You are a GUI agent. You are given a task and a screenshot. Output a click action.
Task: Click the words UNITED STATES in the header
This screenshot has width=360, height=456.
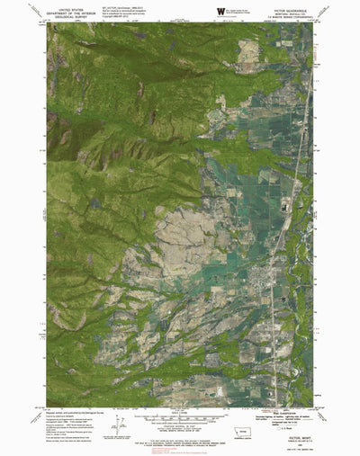pyautogui.click(x=70, y=5)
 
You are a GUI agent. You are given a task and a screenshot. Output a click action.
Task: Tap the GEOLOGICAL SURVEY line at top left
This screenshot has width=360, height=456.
pyautogui.click(x=70, y=16)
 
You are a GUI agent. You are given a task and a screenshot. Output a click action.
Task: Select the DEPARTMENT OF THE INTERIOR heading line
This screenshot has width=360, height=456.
pyautogui.click(x=70, y=11)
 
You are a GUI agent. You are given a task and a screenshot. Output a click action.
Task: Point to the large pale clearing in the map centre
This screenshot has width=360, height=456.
pyautogui.click(x=184, y=238)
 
